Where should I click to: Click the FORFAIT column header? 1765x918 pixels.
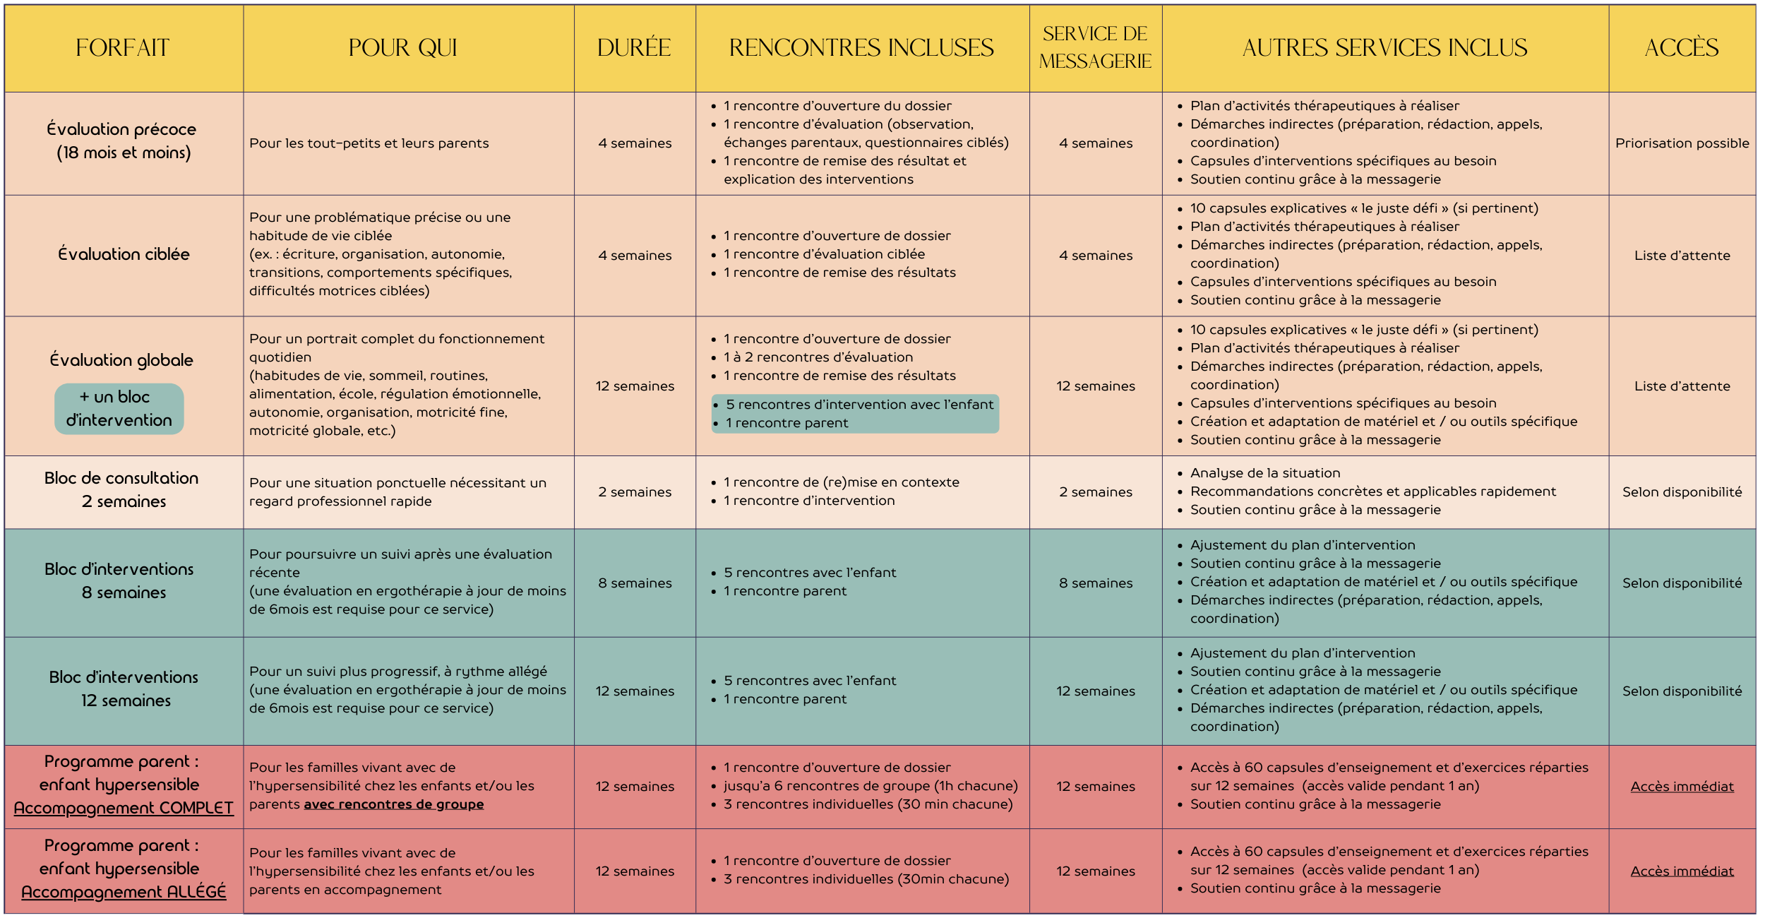pyautogui.click(x=123, y=48)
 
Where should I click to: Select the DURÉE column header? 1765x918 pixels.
pyautogui.click(x=634, y=48)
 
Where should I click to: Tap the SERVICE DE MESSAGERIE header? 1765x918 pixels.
pyautogui.click(x=1095, y=48)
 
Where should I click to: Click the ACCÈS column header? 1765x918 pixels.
pyautogui.click(x=1682, y=48)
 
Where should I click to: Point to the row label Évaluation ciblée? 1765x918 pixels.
pyautogui.click(x=124, y=254)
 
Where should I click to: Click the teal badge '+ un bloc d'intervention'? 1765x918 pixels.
pyautogui.click(x=119, y=409)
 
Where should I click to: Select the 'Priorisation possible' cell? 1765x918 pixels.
pyautogui.click(x=1682, y=143)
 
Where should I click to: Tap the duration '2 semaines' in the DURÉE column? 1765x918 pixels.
pyautogui.click(x=635, y=492)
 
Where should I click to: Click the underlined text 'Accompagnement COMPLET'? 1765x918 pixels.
pyautogui.click(x=124, y=809)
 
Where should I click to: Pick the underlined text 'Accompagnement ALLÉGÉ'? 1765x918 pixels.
pyautogui.click(x=124, y=893)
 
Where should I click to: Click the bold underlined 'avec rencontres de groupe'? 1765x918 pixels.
pyautogui.click(x=393, y=804)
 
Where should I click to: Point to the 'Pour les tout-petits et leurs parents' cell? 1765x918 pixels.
pyautogui.click(x=369, y=143)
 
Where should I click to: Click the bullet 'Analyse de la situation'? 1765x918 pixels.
pyautogui.click(x=1264, y=473)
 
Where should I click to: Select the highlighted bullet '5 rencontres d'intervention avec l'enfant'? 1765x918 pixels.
pyautogui.click(x=859, y=405)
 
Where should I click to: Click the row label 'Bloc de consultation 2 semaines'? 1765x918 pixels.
pyautogui.click(x=122, y=490)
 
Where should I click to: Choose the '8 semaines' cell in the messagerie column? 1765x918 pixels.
pyautogui.click(x=1095, y=583)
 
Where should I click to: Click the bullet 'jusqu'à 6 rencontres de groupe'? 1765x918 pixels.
pyautogui.click(x=870, y=786)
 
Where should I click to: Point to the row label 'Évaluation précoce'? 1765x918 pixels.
pyautogui.click(x=122, y=141)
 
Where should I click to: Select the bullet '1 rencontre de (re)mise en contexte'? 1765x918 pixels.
pyautogui.click(x=841, y=482)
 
